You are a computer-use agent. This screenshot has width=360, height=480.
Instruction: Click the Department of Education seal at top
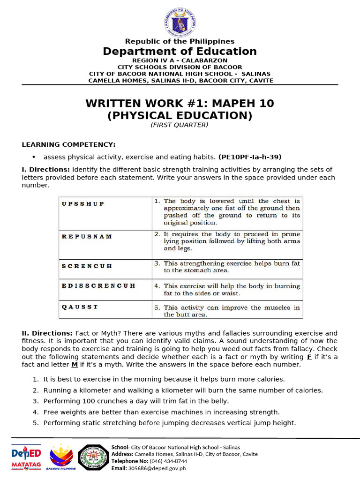click(180, 22)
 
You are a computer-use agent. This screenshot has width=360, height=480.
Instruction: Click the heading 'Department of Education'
click(180, 52)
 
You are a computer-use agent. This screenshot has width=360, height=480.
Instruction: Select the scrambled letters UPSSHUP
click(82, 204)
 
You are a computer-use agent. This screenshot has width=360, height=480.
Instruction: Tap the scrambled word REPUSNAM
click(87, 236)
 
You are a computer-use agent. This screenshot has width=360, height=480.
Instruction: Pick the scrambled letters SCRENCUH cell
click(87, 266)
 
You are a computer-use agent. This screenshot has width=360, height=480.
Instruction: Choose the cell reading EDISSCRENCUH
click(98, 285)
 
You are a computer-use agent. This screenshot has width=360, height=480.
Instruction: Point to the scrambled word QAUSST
click(80, 307)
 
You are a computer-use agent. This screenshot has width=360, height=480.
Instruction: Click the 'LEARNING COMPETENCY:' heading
click(68, 144)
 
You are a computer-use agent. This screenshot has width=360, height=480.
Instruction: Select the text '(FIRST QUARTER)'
click(180, 125)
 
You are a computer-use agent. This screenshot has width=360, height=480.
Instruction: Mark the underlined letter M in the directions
click(74, 365)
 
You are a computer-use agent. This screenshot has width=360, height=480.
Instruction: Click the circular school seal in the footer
click(93, 457)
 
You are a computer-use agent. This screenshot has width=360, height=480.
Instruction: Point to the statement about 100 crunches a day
click(136, 401)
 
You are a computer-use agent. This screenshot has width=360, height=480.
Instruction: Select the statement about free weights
click(161, 412)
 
